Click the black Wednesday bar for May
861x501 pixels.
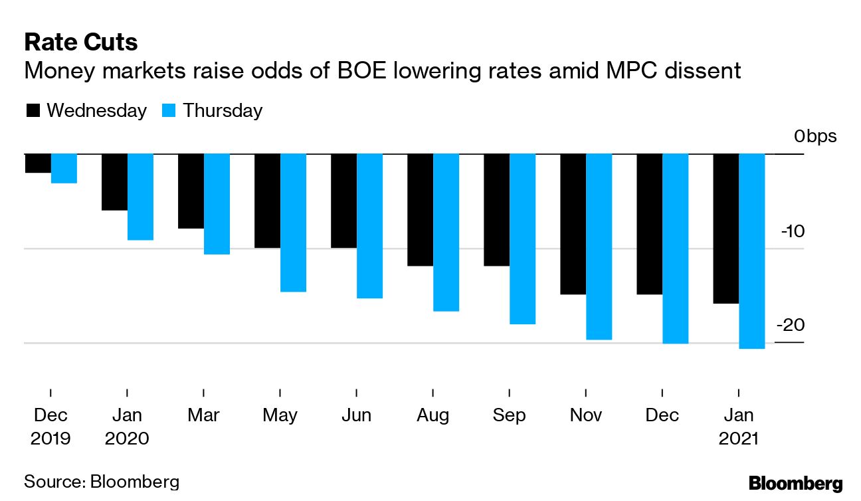click(x=267, y=201)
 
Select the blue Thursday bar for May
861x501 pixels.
click(x=293, y=223)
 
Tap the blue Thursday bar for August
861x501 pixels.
click(x=446, y=233)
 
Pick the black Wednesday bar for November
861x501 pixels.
click(x=573, y=224)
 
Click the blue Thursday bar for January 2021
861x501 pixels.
click(x=752, y=251)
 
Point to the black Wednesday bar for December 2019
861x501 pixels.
click(x=38, y=163)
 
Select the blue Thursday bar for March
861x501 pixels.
click(x=217, y=204)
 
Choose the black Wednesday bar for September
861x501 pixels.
click(x=496, y=210)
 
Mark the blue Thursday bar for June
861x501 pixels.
click(x=369, y=226)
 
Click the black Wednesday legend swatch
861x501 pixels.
click(x=33, y=111)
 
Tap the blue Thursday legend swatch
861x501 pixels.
click(x=169, y=111)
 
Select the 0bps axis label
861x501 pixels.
click(x=815, y=137)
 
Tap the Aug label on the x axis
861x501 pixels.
click(x=433, y=416)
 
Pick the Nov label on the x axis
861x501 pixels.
click(x=586, y=416)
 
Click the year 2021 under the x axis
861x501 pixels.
click(x=739, y=439)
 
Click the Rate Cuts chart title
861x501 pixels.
click(x=81, y=43)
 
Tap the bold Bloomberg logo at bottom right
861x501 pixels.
click(x=796, y=483)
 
